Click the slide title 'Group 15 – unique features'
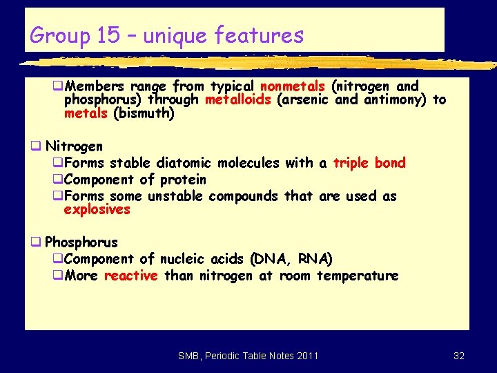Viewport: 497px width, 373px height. point(167,35)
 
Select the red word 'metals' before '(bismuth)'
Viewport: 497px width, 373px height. point(86,113)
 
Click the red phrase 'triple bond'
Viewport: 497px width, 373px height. point(369,163)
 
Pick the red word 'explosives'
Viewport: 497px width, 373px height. point(97,209)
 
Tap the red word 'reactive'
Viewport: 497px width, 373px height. point(130,276)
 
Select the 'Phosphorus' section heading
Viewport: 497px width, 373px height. point(81,242)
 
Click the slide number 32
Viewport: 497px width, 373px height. point(459,356)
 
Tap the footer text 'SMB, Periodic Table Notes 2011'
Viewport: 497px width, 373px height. point(248,356)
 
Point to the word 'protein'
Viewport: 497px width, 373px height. point(183,180)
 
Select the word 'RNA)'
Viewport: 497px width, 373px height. point(315,259)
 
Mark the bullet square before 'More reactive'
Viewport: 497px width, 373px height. point(59,276)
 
